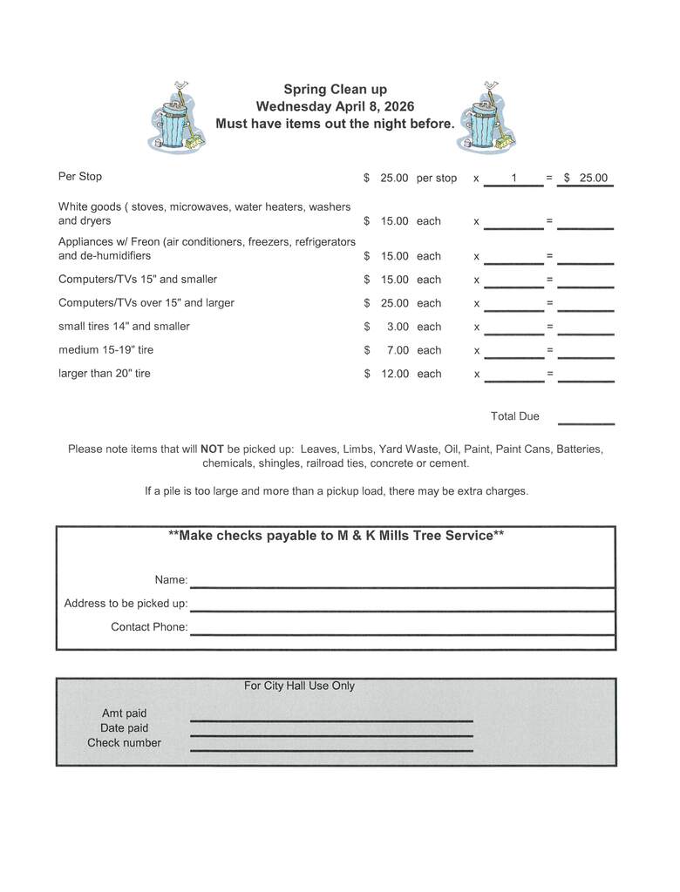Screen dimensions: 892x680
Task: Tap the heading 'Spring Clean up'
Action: tap(335, 89)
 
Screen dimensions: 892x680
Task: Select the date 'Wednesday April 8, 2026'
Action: tap(335, 106)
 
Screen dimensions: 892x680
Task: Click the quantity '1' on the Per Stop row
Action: tap(513, 179)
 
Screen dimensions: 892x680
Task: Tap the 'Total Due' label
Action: tap(514, 416)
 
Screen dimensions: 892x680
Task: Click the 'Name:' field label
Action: tap(171, 580)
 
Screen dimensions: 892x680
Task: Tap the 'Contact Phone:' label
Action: tap(149, 627)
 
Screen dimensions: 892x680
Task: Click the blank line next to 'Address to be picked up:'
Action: tap(402, 610)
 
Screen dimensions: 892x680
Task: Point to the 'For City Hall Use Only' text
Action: tap(299, 686)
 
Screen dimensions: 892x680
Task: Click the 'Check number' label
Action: tap(124, 743)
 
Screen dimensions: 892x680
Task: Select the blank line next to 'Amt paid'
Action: tap(331, 720)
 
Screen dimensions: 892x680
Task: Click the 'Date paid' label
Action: tap(124, 728)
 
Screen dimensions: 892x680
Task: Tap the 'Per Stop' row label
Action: tap(80, 177)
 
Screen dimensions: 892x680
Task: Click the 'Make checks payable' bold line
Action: tap(336, 536)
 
